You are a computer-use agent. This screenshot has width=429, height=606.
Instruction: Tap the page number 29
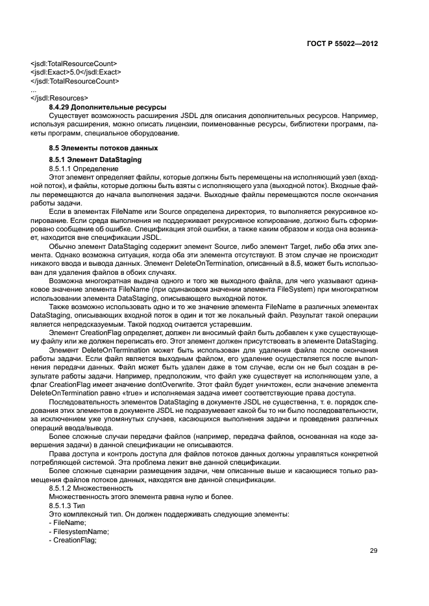pos(373,551)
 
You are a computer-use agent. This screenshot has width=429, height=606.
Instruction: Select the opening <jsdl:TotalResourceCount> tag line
pos(73,64)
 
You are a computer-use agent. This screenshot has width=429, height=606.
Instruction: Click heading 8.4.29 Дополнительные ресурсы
pos(107,106)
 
